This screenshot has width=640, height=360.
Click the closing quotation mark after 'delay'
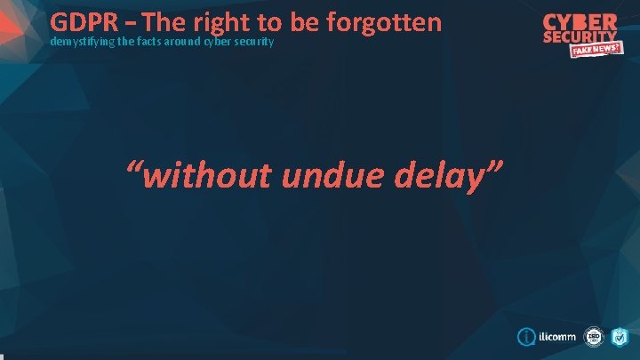[494, 169]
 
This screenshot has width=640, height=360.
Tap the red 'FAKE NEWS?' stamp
[596, 51]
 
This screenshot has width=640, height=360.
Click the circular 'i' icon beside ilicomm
[526, 339]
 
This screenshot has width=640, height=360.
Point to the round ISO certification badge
[593, 339]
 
